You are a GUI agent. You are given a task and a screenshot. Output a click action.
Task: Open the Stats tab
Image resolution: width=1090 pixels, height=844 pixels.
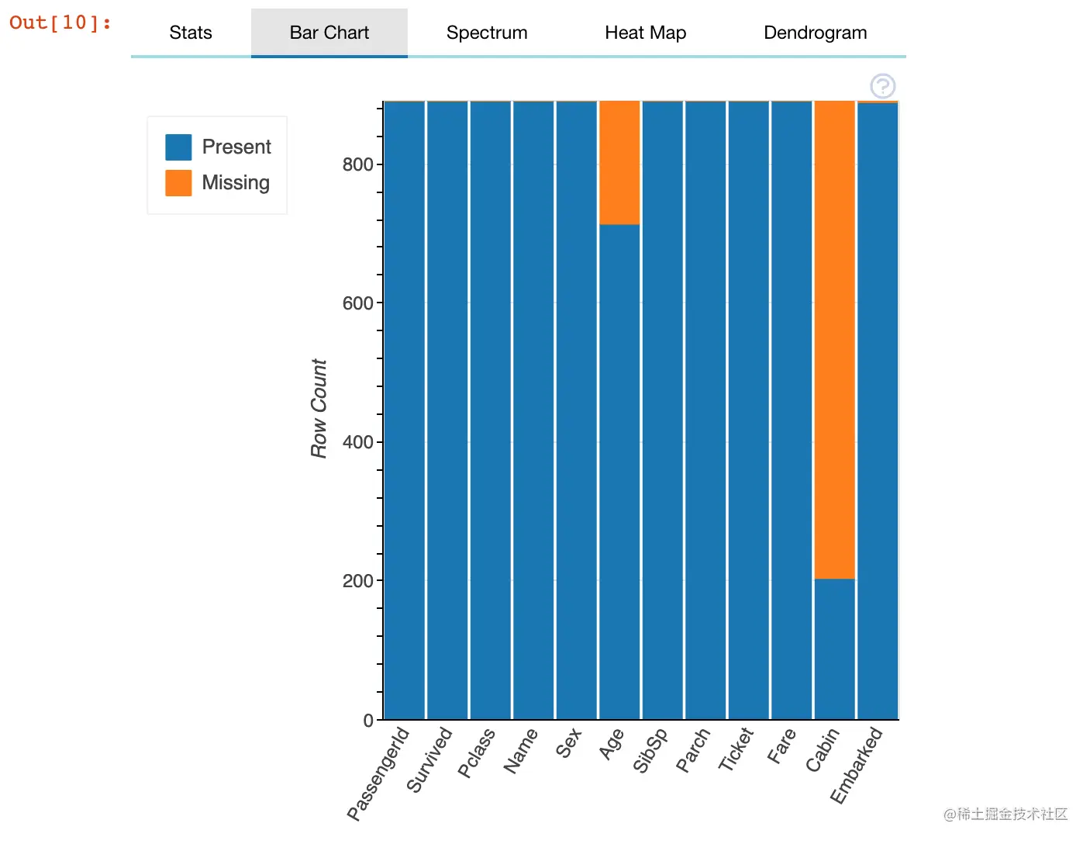coord(191,33)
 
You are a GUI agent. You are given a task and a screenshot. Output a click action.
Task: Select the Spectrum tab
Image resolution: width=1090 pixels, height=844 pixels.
coord(487,33)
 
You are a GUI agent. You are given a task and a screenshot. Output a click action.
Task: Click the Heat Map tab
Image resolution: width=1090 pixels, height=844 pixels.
coord(645,33)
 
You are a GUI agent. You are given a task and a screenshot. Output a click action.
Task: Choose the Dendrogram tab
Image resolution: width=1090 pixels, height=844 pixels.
coord(815,33)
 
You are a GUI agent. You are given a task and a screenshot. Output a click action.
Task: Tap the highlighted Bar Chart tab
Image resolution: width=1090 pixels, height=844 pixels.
coord(329,33)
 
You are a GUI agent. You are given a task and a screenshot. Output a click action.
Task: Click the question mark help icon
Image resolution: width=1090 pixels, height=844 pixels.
coord(882,86)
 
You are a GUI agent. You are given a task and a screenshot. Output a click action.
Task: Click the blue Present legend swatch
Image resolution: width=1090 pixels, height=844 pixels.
coord(178,147)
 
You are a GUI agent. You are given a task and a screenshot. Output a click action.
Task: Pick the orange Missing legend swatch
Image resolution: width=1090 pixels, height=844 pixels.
coord(178,183)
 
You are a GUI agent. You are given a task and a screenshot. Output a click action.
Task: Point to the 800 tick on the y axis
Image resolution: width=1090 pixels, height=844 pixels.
coord(357,164)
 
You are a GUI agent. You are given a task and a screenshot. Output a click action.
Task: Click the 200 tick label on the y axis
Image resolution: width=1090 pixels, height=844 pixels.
coord(357,580)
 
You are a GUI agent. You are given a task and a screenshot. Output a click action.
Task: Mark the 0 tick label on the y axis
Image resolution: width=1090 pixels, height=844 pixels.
coord(368,720)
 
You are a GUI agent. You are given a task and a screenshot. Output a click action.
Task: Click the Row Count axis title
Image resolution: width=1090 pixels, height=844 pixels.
coord(319,408)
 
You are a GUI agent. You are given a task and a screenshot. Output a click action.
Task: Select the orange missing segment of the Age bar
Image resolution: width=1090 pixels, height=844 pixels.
coord(619,162)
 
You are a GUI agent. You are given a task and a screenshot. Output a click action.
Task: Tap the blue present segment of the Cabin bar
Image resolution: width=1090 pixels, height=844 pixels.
coord(834,649)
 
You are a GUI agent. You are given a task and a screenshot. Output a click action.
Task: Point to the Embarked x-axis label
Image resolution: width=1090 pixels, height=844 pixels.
coord(857,765)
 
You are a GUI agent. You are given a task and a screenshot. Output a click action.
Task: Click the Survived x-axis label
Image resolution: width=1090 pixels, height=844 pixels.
coord(429,760)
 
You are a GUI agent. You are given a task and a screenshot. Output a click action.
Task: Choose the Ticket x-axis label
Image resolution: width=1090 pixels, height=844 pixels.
coord(736,749)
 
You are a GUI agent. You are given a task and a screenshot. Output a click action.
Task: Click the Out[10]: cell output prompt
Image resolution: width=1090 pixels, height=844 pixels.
coord(60,22)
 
